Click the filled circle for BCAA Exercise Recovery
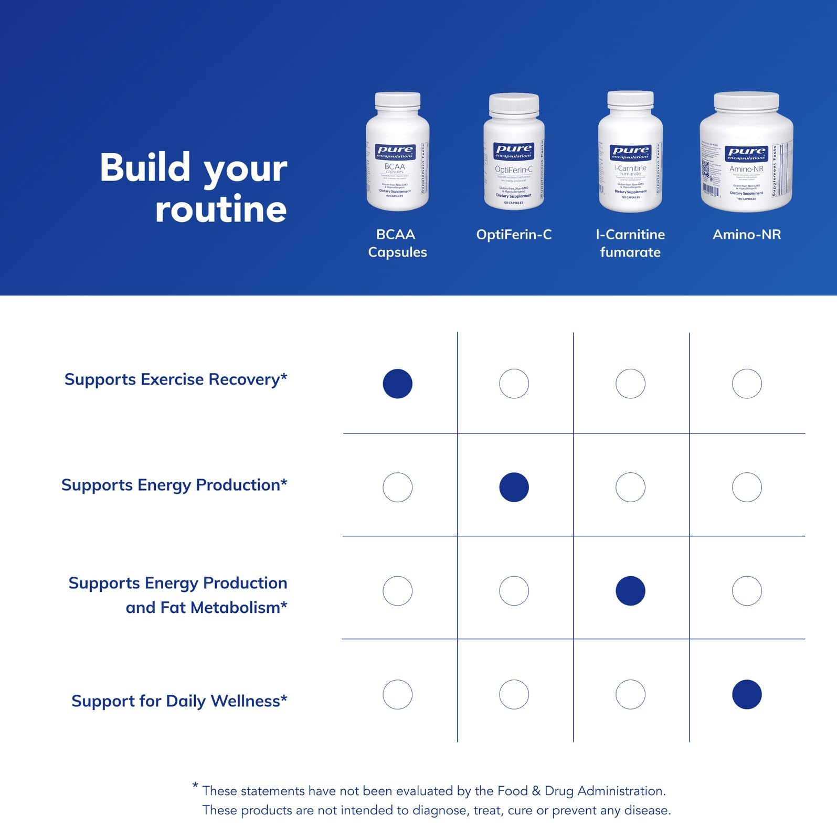(397, 384)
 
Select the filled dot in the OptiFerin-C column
(514, 487)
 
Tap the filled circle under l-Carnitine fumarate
(630, 591)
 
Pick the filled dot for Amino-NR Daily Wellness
(747, 694)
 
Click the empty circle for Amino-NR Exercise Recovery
(747, 384)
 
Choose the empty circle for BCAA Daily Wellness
(397, 694)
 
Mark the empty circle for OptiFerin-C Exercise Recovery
(514, 384)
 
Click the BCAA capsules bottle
(397, 152)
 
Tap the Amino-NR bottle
(746, 152)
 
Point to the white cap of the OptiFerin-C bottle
(514, 105)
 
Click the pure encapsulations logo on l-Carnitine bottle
(630, 153)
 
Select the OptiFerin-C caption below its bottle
(514, 235)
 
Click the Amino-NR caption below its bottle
(747, 235)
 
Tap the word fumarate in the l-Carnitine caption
(630, 252)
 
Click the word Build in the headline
(145, 168)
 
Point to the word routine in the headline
(221, 209)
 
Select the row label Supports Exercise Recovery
(176, 379)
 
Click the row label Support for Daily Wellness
(179, 701)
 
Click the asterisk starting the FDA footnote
(195, 786)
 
